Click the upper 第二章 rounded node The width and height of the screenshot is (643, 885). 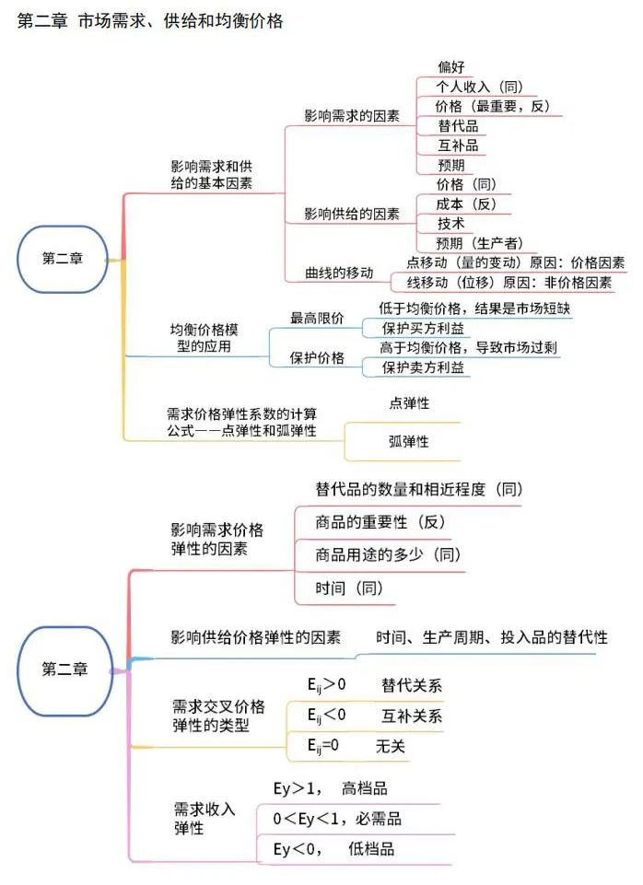63,259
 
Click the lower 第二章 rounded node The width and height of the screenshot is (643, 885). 64,670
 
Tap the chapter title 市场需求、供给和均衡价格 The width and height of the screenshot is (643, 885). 181,21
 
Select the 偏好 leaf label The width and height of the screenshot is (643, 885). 451,67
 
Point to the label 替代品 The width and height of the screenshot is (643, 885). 458,126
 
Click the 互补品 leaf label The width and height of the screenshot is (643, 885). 458,146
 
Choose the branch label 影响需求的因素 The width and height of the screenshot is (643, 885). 352,116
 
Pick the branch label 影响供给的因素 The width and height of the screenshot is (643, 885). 352,214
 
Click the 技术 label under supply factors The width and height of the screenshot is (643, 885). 451,224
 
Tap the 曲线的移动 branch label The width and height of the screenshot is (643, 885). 339,274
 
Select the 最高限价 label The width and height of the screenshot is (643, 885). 317,319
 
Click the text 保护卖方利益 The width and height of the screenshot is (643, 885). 423,367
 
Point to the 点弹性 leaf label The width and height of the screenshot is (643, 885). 409,403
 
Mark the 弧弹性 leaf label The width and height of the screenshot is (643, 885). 409,441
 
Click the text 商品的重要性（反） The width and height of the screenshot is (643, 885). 380,522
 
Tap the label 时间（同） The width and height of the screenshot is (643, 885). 349,588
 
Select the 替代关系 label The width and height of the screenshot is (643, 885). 412,686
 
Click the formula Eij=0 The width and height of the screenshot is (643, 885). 323,746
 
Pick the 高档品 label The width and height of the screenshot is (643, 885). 365,788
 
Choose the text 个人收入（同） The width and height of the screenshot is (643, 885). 479,87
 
